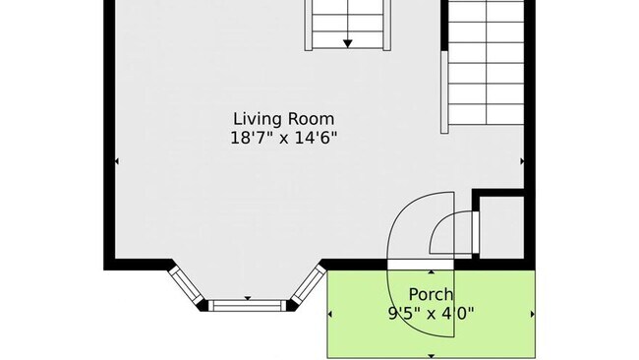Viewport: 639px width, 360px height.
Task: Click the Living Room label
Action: (x=284, y=119)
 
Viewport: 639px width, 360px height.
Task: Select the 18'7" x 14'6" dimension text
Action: (x=284, y=138)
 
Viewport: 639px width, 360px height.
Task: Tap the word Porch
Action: (x=431, y=294)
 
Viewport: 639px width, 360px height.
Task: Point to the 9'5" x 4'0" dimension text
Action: (x=432, y=314)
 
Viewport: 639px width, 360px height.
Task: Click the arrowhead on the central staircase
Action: (x=348, y=43)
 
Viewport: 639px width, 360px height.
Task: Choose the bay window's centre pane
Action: (x=248, y=305)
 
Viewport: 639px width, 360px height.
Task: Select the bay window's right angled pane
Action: (x=309, y=283)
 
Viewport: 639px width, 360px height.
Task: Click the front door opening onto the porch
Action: (x=420, y=265)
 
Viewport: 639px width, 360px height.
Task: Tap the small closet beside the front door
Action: (x=501, y=227)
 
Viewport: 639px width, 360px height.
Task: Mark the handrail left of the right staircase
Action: (x=444, y=91)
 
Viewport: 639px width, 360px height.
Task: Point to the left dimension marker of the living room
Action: (x=117, y=161)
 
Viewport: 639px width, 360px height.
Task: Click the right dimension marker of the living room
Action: (x=522, y=161)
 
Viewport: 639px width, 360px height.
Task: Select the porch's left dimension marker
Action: (x=330, y=314)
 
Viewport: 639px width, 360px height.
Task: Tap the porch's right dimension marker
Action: (x=533, y=314)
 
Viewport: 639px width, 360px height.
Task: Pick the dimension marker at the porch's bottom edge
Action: (x=432, y=356)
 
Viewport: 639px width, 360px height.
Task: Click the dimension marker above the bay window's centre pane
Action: (x=248, y=298)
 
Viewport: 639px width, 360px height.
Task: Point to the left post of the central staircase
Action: (x=309, y=26)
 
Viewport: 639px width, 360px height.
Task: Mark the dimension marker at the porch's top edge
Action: (x=432, y=271)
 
